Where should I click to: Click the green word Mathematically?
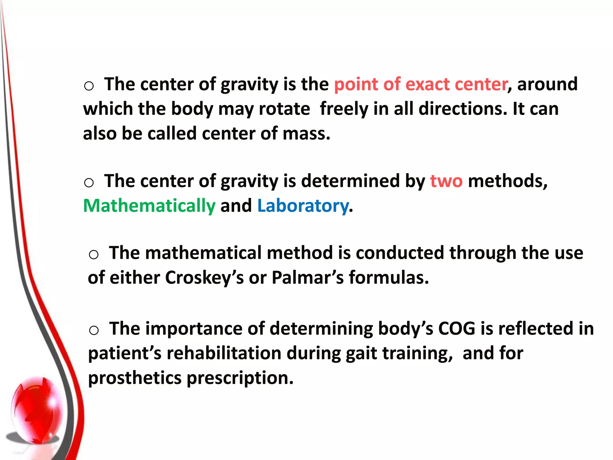(149, 206)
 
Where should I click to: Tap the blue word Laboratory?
(303, 206)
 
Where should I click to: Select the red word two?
(446, 181)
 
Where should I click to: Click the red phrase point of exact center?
(421, 84)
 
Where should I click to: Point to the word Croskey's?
(204, 278)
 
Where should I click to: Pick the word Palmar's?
(308, 278)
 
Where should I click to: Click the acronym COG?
(457, 329)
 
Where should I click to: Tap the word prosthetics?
(135, 378)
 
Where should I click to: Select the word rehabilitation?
(224, 353)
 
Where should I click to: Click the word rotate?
(284, 109)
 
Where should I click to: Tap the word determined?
(350, 181)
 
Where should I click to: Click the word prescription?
(240, 378)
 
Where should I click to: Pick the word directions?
(463, 109)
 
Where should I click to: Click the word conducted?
(400, 253)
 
